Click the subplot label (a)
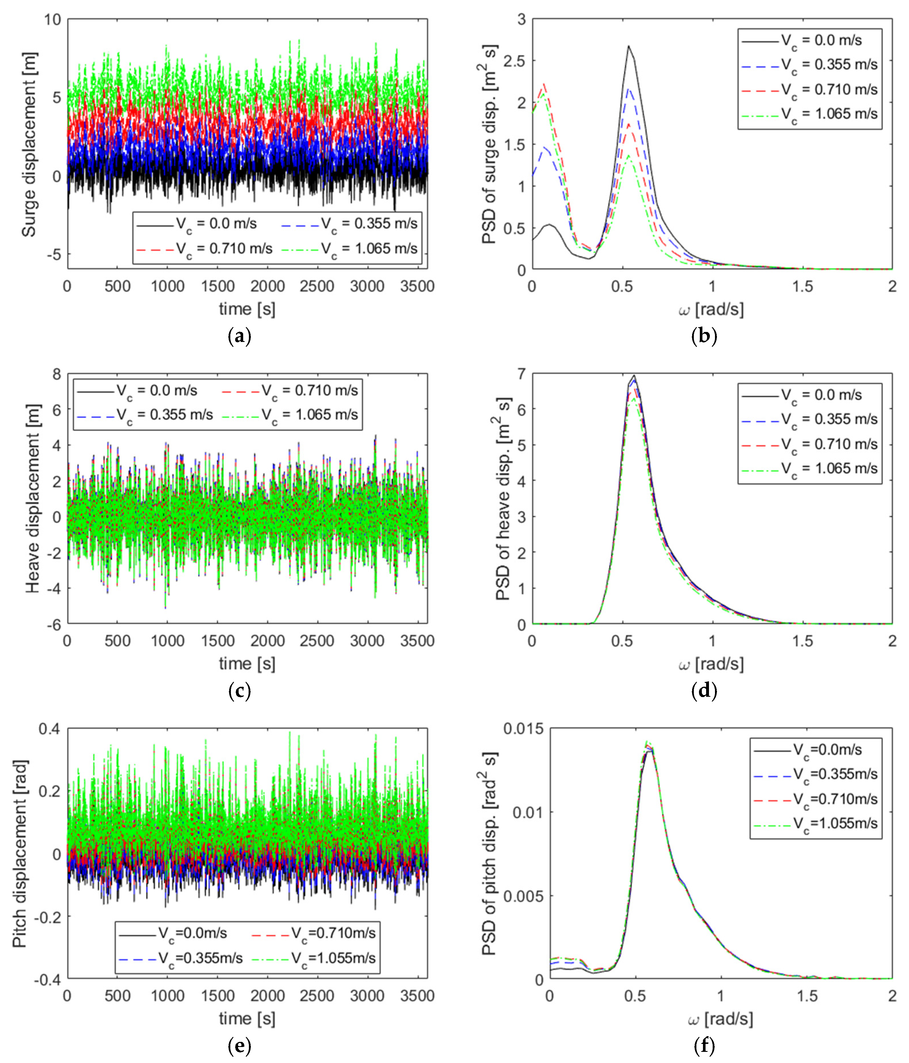[239, 337]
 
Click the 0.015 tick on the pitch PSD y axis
[524, 729]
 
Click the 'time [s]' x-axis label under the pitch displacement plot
[247, 1018]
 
